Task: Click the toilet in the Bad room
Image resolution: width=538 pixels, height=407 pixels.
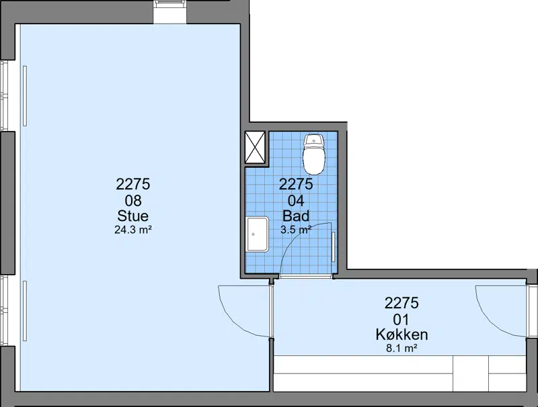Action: click(313, 154)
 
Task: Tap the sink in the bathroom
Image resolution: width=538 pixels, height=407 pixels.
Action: click(257, 234)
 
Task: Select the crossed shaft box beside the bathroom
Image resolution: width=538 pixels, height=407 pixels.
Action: click(256, 147)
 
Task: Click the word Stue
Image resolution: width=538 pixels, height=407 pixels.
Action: click(132, 216)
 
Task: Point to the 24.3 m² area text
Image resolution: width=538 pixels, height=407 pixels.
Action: click(133, 230)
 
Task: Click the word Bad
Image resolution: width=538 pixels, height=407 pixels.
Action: click(296, 216)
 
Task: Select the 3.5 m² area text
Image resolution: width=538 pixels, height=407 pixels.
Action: click(296, 230)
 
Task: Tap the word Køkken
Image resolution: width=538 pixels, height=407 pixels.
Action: click(401, 334)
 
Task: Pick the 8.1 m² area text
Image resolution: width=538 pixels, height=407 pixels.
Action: click(401, 348)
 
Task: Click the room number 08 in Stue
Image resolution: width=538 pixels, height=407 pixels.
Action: click(133, 200)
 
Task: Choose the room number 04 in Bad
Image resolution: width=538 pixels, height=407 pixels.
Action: click(296, 200)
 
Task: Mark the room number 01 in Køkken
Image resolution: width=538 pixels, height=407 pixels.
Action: click(401, 319)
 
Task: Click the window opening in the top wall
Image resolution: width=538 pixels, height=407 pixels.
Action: click(170, 12)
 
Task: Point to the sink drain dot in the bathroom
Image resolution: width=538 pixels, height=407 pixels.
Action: click(254, 234)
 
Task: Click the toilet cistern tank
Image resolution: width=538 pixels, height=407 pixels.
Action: click(313, 140)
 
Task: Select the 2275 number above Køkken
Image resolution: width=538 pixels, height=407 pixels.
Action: click(401, 303)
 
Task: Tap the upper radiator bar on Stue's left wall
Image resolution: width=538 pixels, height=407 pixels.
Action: click(25, 96)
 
